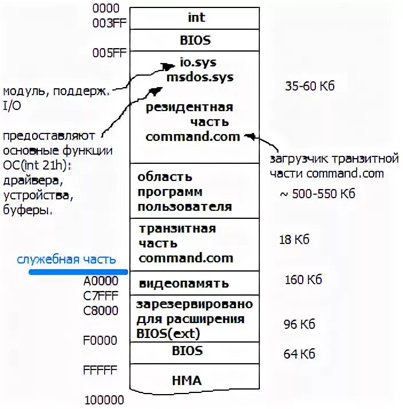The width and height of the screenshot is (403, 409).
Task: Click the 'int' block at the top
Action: (196, 18)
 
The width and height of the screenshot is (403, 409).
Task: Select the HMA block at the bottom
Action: (187, 380)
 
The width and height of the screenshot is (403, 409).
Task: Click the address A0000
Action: (101, 281)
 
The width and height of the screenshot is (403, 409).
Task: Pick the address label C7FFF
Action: (101, 296)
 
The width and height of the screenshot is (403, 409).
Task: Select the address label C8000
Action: (101, 311)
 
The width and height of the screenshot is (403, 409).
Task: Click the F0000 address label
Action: (101, 341)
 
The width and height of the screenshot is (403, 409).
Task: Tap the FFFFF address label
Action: (101, 370)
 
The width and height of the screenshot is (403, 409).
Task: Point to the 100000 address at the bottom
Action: (104, 400)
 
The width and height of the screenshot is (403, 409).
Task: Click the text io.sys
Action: (197, 62)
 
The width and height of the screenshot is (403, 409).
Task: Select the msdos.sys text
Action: (200, 77)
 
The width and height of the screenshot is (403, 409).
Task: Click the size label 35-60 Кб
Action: (309, 86)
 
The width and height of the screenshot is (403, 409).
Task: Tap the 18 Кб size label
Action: (294, 239)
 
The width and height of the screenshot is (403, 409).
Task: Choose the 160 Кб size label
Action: (303, 280)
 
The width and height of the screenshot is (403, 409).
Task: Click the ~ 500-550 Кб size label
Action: (317, 194)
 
